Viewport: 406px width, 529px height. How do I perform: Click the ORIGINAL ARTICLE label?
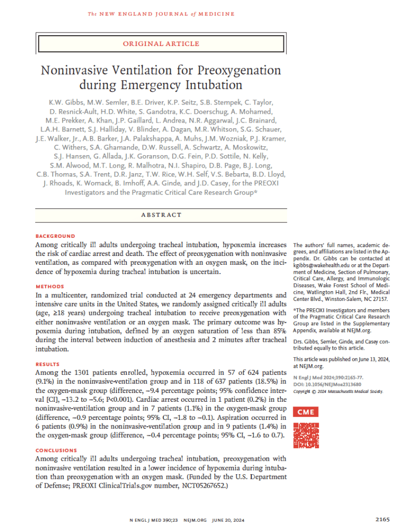[x=161, y=44]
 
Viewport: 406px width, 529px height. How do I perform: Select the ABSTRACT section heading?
[x=161, y=215]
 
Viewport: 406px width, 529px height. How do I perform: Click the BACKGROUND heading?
[x=55, y=236]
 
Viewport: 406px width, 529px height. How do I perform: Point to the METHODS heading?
[x=50, y=286]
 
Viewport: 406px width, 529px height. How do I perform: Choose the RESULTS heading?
[x=48, y=364]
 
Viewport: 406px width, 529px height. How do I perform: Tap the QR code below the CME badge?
[x=307, y=435]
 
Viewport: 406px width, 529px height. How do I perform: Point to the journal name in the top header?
[x=161, y=13]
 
